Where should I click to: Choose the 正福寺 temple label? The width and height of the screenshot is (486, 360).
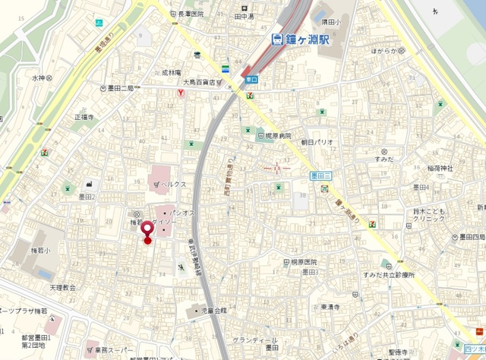point(84,118)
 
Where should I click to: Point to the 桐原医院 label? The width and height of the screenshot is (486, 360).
point(308,261)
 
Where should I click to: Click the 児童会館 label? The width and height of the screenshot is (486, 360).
point(213,311)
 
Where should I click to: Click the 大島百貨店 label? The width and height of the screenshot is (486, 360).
point(202,83)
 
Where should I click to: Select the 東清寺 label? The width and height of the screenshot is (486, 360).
point(331,307)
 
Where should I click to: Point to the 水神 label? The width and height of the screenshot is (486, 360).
point(39,77)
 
